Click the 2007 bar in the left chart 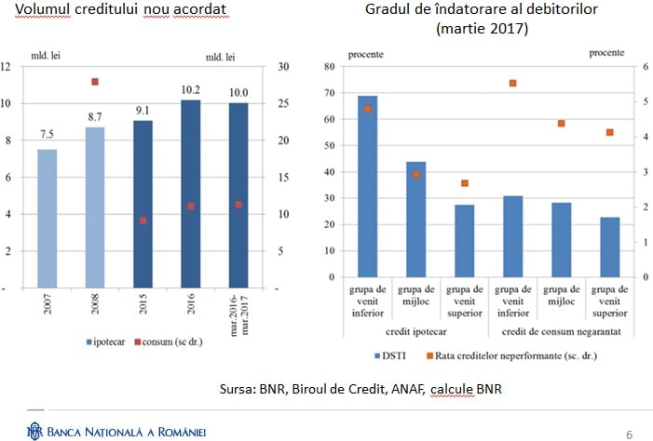(x=47, y=218)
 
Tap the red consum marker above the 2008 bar (x=94, y=82)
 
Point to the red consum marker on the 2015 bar (x=143, y=220)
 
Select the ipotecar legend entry (x=113, y=341)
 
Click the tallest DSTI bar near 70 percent (x=367, y=186)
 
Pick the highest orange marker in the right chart (x=512, y=83)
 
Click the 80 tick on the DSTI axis (x=327, y=67)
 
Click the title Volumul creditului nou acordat (x=118, y=11)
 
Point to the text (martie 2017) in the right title (x=482, y=29)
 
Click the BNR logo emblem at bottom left (x=34, y=431)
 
